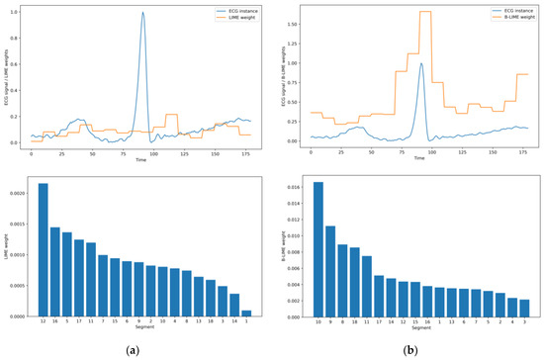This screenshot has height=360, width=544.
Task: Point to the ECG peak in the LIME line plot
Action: coord(143,15)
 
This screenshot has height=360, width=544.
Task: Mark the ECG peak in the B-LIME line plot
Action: coord(421,64)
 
